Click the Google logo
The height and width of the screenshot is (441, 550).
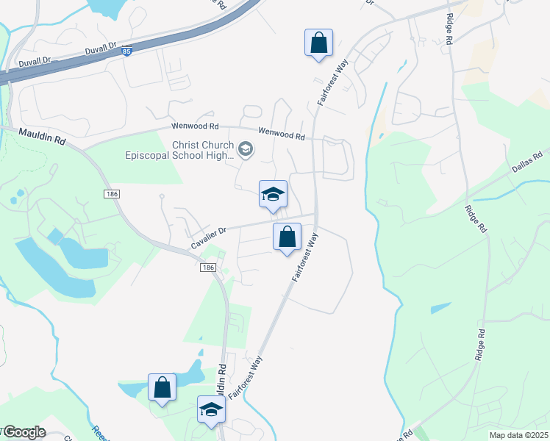pyautogui.click(x=24, y=432)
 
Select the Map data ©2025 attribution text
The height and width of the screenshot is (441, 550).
pyautogui.click(x=518, y=435)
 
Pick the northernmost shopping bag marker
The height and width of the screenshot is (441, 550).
pyautogui.click(x=318, y=43)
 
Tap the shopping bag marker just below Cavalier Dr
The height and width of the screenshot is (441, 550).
pyautogui.click(x=287, y=237)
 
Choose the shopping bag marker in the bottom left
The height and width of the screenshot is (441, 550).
pyautogui.click(x=162, y=387)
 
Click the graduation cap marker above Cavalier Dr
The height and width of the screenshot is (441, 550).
pyautogui.click(x=273, y=195)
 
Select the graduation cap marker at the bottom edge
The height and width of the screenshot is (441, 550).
pyautogui.click(x=211, y=409)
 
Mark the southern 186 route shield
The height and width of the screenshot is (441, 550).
pyautogui.click(x=207, y=268)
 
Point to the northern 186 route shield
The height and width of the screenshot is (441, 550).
pyautogui.click(x=111, y=193)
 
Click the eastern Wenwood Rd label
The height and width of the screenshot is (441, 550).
pyautogui.click(x=281, y=135)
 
